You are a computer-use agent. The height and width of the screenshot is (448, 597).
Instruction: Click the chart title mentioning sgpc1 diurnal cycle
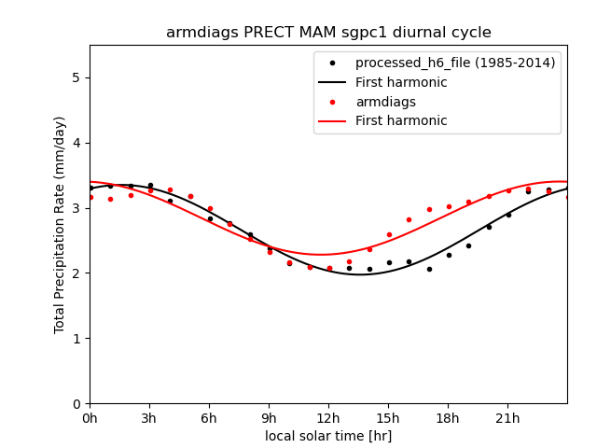(x=328, y=33)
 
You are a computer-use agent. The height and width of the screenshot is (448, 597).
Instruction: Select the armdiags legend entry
(x=385, y=102)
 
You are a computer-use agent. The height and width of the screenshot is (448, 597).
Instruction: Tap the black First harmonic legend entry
(x=401, y=82)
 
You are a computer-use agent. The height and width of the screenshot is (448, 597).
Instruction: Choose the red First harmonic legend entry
(x=401, y=121)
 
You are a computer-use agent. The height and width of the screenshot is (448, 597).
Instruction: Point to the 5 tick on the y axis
(x=76, y=77)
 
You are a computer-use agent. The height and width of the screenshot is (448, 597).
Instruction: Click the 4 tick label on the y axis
(x=76, y=143)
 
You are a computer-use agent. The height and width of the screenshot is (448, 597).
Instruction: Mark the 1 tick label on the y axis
(x=76, y=339)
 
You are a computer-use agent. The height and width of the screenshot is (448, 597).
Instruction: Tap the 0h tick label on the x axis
(x=90, y=418)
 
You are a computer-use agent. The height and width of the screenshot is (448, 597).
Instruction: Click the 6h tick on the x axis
(x=209, y=418)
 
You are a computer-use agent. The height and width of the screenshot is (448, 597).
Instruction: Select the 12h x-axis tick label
(x=328, y=418)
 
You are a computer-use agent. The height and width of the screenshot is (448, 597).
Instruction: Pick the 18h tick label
(x=448, y=418)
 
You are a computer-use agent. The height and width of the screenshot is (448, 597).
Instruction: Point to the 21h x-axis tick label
(x=507, y=418)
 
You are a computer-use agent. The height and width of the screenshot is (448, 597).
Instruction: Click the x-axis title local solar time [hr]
(x=328, y=436)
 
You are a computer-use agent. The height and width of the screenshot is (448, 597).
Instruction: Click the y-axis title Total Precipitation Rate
(x=60, y=224)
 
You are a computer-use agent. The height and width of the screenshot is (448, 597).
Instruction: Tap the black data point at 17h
(x=429, y=269)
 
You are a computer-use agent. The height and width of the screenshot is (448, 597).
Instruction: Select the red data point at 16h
(x=409, y=219)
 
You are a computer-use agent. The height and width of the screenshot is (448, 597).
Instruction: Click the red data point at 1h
(x=110, y=199)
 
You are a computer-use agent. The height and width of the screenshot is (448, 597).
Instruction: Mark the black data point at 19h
(x=468, y=245)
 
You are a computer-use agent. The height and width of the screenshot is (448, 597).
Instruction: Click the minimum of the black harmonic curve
(x=360, y=274)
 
